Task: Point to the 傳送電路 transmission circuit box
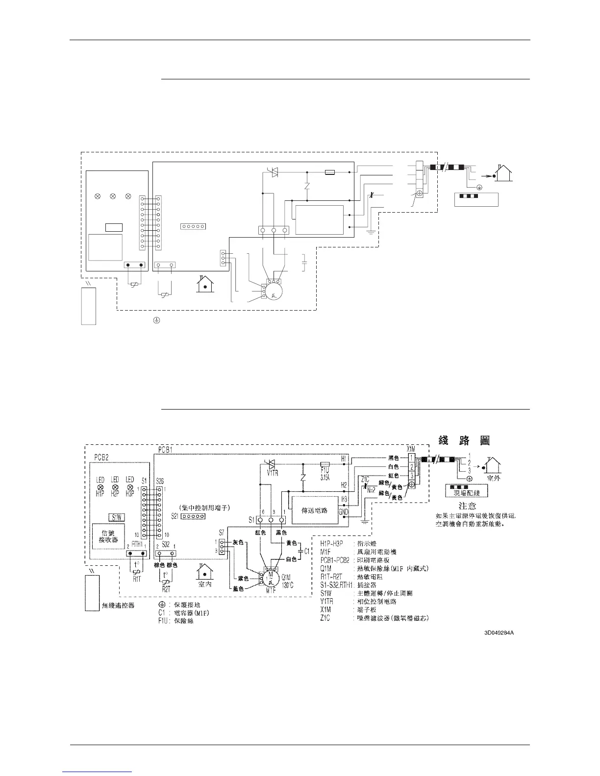coord(314,511)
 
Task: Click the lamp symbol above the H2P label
coord(115,488)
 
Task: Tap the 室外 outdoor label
coord(492,478)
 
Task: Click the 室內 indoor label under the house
coord(205,584)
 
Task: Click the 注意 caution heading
coord(467,505)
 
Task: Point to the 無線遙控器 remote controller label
coord(118,606)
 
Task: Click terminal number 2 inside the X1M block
coord(413,466)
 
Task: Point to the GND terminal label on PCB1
coord(343,511)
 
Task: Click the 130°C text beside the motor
coord(287,584)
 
